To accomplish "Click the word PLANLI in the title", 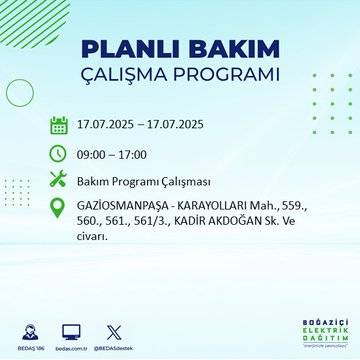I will [127, 51].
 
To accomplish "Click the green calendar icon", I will [59, 126].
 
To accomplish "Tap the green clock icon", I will [59, 154].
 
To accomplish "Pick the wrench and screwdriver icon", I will [59, 181].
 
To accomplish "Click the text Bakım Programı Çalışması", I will [145, 181].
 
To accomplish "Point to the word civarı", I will [94, 237].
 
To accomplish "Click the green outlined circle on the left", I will [20, 92].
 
